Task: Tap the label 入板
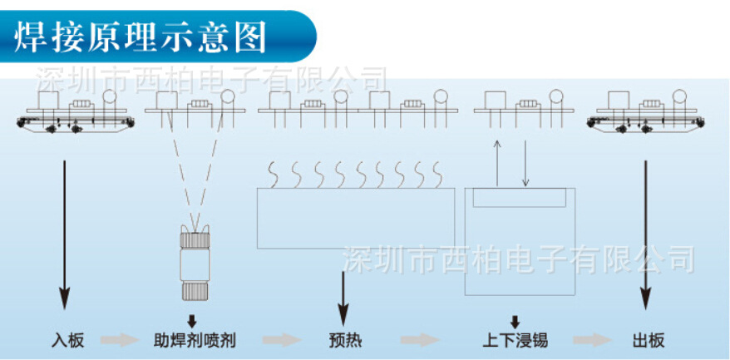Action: point(66,341)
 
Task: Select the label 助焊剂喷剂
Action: point(195,341)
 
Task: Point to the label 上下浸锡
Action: point(515,341)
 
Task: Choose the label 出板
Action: point(648,341)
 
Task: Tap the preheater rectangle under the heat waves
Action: point(356,219)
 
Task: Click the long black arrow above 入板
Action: point(64,233)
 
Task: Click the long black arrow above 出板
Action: point(646,233)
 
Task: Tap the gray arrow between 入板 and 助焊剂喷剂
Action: point(118,341)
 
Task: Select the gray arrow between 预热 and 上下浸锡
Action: point(419,341)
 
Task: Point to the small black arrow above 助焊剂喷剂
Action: point(192,320)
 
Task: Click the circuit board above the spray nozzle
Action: point(193,106)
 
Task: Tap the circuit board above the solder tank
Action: point(519,106)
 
